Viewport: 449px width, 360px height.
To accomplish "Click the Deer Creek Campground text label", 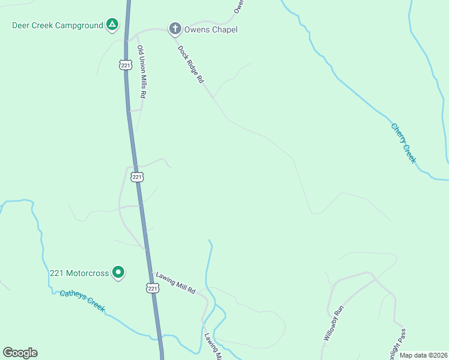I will (x=58, y=26).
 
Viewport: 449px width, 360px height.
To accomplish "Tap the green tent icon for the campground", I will (x=112, y=25).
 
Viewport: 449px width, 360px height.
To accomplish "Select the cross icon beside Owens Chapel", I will (x=175, y=29).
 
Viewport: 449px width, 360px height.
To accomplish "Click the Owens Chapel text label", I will (x=211, y=29).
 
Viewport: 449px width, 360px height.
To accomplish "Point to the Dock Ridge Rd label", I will (x=191, y=65).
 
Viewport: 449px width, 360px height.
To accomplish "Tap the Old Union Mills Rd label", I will (x=142, y=72).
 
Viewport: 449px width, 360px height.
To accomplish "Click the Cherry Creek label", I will (x=403, y=143).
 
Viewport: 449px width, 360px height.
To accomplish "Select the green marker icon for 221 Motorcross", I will (x=118, y=273).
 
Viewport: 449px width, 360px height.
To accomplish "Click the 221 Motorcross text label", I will (x=79, y=274).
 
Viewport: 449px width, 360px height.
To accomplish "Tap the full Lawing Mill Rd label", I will (x=176, y=283).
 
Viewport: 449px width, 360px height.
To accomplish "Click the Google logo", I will (x=20, y=353).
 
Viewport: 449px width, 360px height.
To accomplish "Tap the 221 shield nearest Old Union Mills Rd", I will (x=125, y=65).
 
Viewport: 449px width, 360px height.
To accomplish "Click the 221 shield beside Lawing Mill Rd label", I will (x=152, y=289).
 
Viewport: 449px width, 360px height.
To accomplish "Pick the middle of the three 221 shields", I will (x=137, y=177).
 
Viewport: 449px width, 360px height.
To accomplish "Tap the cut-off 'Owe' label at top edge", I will (x=238, y=7).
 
